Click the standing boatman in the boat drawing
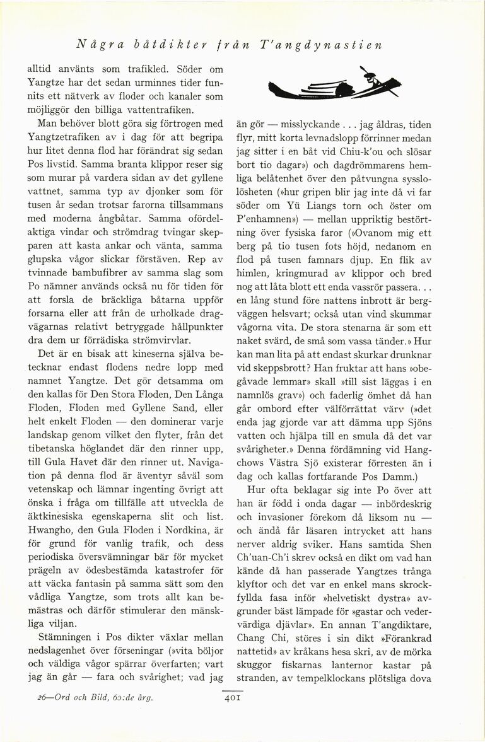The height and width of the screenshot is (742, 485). click(x=373, y=80)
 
